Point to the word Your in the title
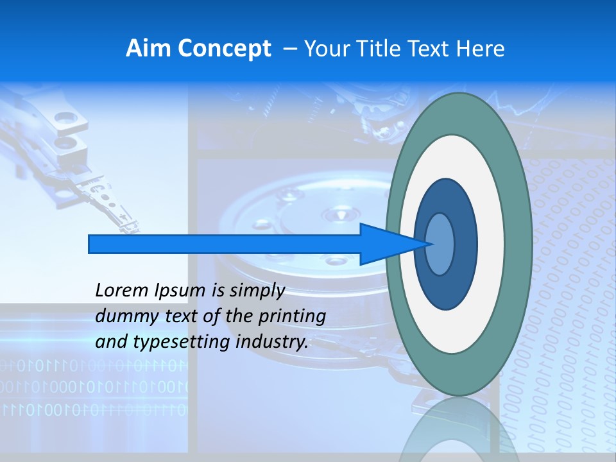(326, 49)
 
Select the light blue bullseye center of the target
(440, 244)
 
